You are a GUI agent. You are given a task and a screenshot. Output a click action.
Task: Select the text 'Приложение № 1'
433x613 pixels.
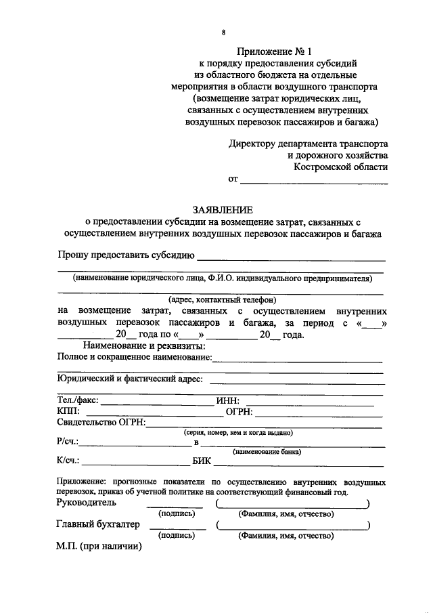pyautogui.click(x=269, y=51)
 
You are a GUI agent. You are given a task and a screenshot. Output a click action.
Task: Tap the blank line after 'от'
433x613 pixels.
pyautogui.click(x=314, y=182)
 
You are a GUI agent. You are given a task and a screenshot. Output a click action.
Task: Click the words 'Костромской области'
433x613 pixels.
pyautogui.click(x=341, y=167)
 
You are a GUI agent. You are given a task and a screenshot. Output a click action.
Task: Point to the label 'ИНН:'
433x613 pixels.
pyautogui.click(x=227, y=400)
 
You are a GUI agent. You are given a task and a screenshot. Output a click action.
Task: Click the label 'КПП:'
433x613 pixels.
pyautogui.click(x=68, y=412)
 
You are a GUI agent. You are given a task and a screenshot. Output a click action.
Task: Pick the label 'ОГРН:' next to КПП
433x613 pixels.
pyautogui.click(x=239, y=412)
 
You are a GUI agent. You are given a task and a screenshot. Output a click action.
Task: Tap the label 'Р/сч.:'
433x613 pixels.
pyautogui.click(x=68, y=443)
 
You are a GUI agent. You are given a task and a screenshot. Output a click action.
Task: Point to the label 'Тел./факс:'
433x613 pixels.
pyautogui.click(x=78, y=400)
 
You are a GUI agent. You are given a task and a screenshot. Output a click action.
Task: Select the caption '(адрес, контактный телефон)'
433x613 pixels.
pyautogui.click(x=223, y=299)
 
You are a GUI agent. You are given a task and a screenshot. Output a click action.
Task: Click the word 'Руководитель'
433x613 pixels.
pyautogui.click(x=87, y=503)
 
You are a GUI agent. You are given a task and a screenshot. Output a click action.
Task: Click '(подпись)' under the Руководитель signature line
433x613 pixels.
pyautogui.click(x=177, y=514)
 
